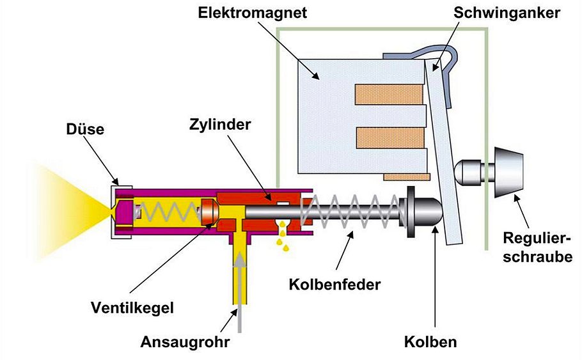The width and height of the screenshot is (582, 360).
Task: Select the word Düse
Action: point(84,129)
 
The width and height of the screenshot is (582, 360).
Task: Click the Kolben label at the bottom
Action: point(430,342)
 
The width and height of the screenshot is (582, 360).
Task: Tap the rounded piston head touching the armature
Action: point(425,210)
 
